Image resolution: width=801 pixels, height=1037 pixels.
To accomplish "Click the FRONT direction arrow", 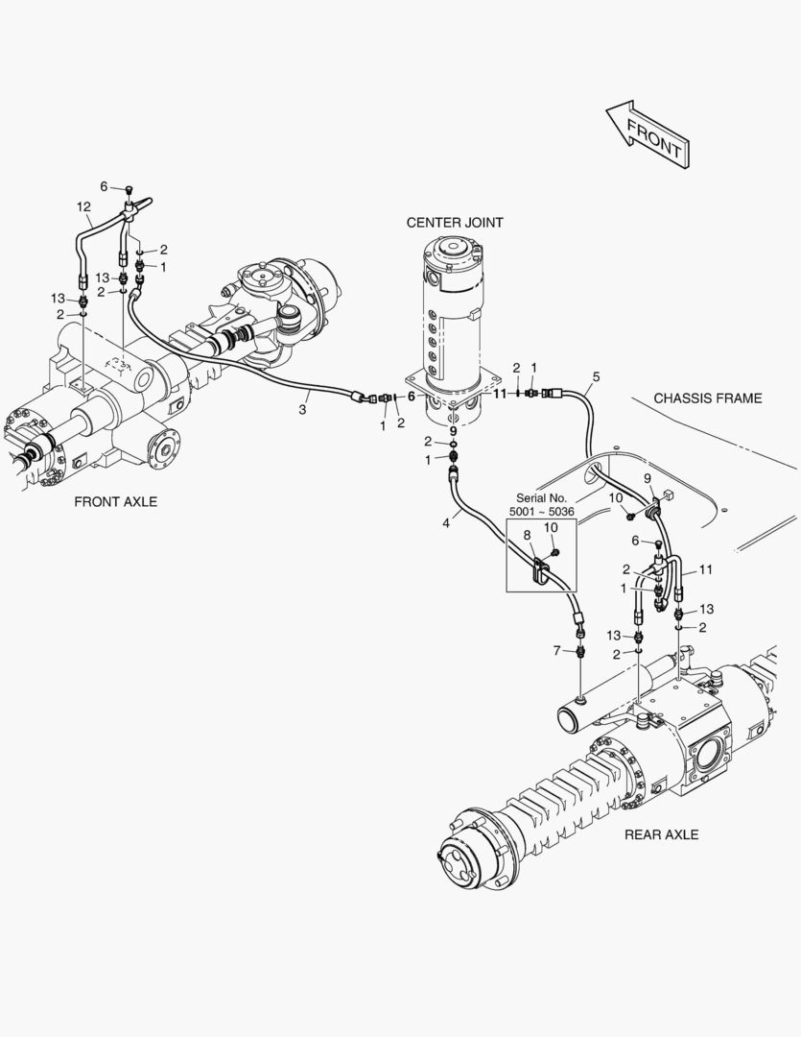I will (x=646, y=133).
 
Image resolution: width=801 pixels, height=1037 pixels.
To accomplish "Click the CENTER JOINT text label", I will (x=454, y=223).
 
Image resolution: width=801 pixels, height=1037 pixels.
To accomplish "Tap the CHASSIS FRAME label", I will (x=707, y=398).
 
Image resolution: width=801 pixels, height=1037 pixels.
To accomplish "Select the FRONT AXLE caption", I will (x=115, y=502).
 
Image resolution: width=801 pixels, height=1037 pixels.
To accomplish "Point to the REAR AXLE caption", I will (x=661, y=834).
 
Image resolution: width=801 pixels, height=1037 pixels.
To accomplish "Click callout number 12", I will (x=83, y=206).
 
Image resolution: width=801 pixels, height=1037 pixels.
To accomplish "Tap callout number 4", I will (x=445, y=522).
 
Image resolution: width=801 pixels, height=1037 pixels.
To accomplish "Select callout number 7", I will (x=555, y=652).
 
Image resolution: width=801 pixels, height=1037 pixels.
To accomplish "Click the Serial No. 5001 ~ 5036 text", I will (x=543, y=505).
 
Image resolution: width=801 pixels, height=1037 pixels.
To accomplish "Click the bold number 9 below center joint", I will (x=453, y=431).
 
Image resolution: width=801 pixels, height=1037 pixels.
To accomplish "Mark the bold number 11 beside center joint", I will (x=499, y=394).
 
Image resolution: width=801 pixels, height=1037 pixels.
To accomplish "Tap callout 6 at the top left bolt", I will (x=105, y=186).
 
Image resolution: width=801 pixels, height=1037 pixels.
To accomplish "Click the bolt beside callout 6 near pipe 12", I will (x=129, y=190).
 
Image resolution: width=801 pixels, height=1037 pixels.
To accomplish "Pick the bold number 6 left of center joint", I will (x=412, y=396).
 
